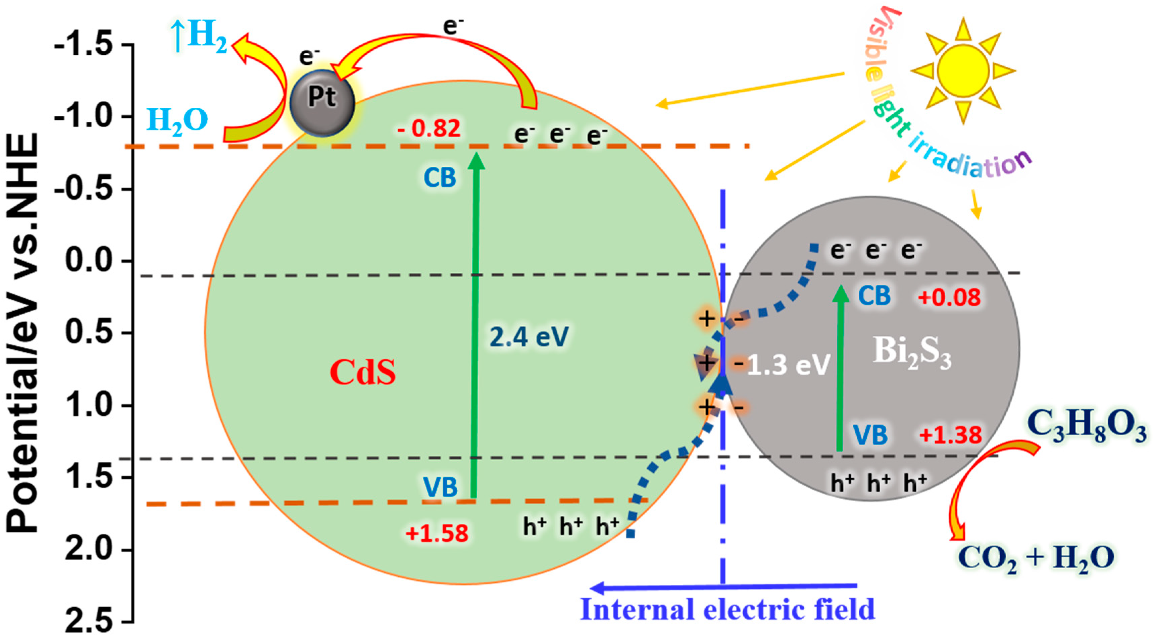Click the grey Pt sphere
pyautogui.click(x=322, y=102)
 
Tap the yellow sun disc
pyautogui.click(x=962, y=70)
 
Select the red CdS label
pyautogui.click(x=362, y=372)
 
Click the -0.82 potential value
pyautogui.click(x=429, y=128)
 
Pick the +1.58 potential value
pyautogui.click(x=437, y=533)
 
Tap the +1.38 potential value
pyautogui.click(x=950, y=435)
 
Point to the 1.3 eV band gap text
pyautogui.click(x=788, y=365)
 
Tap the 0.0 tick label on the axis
pyautogui.click(x=89, y=260)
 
